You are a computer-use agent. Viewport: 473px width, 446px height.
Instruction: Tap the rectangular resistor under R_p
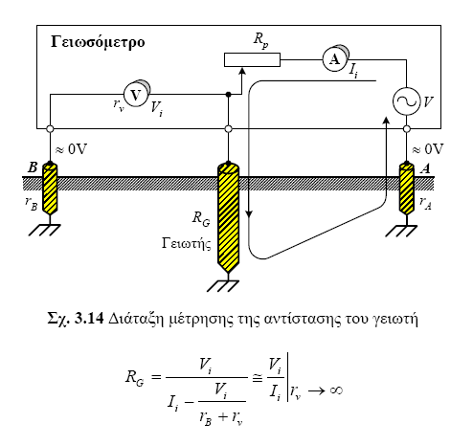252,59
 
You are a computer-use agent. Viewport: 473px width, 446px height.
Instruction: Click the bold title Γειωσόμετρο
98,42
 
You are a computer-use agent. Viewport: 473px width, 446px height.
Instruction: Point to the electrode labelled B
50,189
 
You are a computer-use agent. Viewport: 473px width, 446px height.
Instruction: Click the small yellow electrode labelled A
407,189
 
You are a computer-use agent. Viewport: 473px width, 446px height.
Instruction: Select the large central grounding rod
228,217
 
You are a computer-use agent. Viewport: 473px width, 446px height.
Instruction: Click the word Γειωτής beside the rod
187,243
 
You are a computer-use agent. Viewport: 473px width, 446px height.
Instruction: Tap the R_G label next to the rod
201,219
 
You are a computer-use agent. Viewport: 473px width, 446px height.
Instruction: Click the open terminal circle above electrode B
50,129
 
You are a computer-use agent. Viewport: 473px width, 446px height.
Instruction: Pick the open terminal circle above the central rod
228,129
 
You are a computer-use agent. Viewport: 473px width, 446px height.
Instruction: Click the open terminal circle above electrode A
407,129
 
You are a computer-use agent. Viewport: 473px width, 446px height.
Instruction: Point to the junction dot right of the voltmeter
228,95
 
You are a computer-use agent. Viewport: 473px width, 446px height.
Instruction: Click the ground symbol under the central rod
223,286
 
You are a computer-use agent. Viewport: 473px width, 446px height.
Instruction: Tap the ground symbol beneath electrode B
45,230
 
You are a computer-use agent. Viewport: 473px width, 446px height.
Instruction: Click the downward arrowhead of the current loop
249,214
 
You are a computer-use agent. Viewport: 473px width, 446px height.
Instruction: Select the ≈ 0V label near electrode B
71,149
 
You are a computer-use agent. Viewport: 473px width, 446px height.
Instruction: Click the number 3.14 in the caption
89,319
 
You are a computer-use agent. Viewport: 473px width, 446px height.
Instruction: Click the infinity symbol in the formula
336,390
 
